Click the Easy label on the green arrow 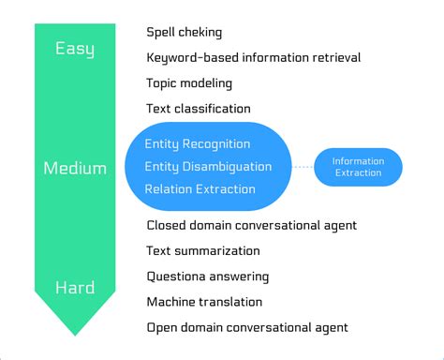point(74,49)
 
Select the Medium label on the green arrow point(74,169)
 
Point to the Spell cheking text point(185,33)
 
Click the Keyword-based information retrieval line point(253,58)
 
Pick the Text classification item point(199,109)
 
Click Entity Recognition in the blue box point(197,143)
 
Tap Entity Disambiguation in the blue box point(208,167)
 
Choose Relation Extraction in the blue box point(200,189)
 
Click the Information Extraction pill point(358,167)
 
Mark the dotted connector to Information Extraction point(302,167)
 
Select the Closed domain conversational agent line point(251,226)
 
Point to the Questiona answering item point(208,277)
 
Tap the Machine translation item point(204,302)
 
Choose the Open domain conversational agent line point(247,327)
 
